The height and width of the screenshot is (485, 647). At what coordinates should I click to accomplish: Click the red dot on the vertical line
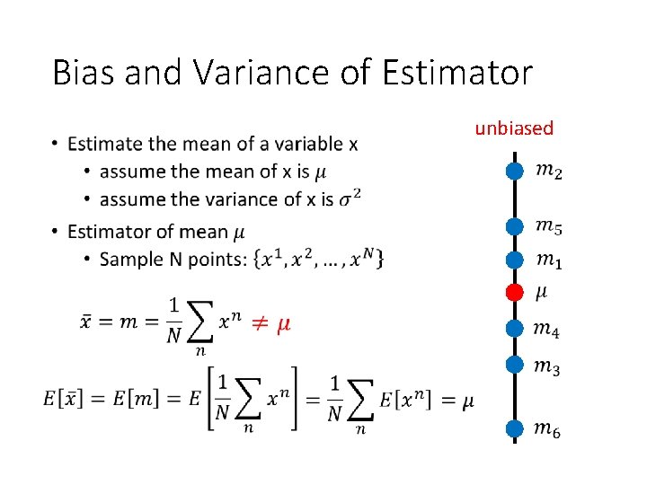[x=514, y=292]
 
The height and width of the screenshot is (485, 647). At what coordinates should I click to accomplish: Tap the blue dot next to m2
[x=514, y=170]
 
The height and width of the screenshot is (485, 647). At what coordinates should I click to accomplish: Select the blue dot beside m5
[x=514, y=227]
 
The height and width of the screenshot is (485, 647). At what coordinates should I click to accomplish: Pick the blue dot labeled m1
[x=514, y=260]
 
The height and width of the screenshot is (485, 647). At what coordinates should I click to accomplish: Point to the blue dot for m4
[x=514, y=329]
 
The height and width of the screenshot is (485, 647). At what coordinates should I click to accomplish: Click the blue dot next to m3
[x=514, y=365]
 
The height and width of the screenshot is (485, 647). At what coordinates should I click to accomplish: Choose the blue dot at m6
[x=514, y=429]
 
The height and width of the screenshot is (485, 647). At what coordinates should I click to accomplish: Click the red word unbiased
[x=514, y=128]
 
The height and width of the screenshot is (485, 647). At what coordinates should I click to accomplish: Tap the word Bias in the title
[x=84, y=73]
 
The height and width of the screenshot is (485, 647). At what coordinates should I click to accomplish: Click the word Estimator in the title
[x=456, y=73]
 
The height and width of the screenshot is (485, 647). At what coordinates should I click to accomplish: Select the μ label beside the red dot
[x=541, y=292]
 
